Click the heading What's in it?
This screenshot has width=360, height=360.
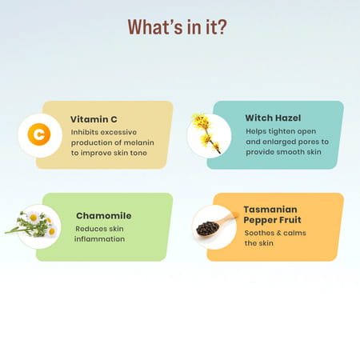click(x=177, y=27)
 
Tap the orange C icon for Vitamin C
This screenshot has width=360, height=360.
click(x=38, y=134)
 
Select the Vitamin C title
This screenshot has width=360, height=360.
click(x=94, y=119)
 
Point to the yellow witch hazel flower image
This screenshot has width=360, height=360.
click(x=207, y=132)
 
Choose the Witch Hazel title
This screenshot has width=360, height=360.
click(x=273, y=118)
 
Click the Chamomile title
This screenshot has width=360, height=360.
click(x=103, y=215)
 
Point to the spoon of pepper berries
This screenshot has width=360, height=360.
click(x=211, y=226)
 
